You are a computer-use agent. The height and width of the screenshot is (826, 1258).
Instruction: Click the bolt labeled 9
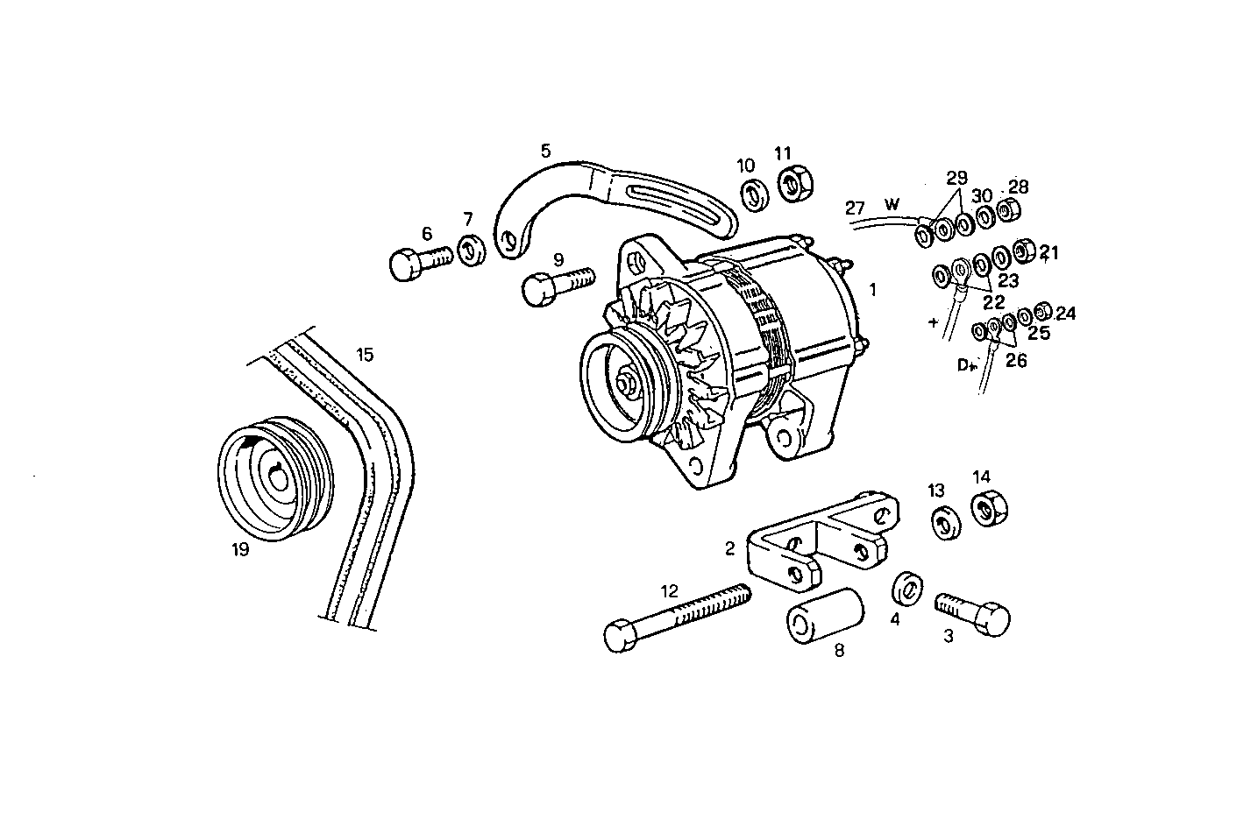pos(556,286)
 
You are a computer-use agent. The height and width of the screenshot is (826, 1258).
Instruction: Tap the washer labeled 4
pos(906,589)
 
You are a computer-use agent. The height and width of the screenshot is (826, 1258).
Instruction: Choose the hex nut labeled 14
pos(989,509)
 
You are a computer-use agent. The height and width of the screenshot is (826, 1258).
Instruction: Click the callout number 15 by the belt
pos(365,355)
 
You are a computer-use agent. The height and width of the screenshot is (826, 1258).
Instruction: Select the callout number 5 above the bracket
pos(545,151)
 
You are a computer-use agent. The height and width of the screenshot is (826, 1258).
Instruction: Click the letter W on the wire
pos(892,204)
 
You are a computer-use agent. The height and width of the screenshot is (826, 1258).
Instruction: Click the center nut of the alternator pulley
pos(628,385)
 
